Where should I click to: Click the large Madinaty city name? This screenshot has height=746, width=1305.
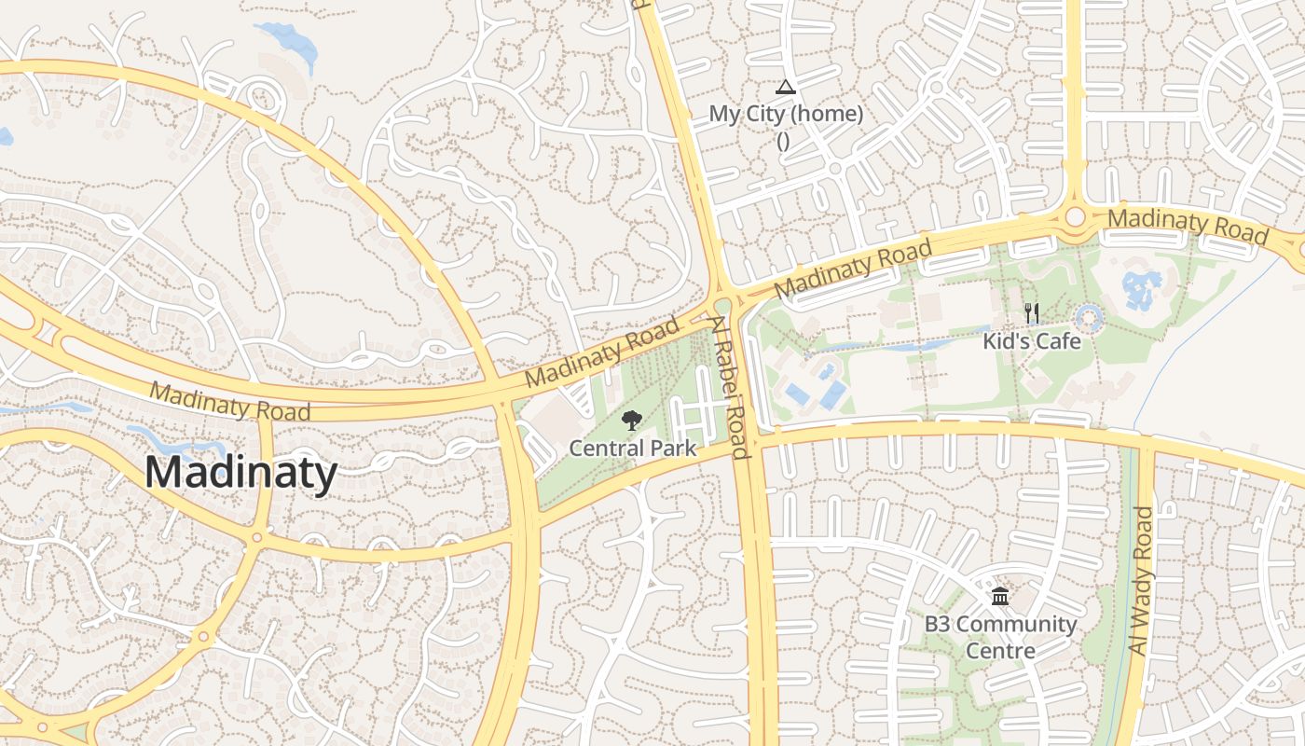point(240,473)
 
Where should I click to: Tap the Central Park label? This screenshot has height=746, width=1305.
point(632,449)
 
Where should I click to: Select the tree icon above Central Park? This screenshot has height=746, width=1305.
point(632,421)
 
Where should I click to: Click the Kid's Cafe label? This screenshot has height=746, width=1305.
point(1032,341)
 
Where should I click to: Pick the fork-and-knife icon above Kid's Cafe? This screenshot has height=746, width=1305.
point(1031,312)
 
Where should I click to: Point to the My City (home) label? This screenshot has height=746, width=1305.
point(786,115)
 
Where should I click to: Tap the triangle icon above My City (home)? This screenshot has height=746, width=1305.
point(785,88)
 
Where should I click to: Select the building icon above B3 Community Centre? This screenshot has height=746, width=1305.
point(1000,597)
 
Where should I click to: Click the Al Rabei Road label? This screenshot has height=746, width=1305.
point(729,387)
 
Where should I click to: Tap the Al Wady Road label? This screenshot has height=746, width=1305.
point(1141,580)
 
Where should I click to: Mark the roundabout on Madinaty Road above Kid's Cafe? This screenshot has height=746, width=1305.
point(1075,217)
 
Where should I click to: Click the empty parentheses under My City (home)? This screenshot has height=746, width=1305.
point(783,142)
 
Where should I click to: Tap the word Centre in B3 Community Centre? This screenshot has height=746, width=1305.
point(1000,650)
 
